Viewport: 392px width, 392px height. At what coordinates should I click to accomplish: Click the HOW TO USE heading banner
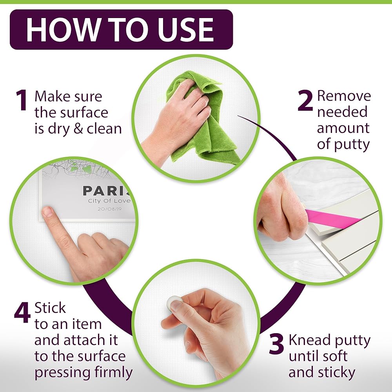(x=121, y=29)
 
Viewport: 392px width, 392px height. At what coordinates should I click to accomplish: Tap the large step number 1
(x=22, y=100)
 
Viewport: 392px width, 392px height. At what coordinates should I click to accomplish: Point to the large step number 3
(x=276, y=344)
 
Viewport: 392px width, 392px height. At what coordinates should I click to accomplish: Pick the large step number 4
(x=22, y=312)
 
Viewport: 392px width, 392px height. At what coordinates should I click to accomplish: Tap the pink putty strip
(x=332, y=218)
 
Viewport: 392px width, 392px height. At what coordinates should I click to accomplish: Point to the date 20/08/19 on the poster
(x=109, y=209)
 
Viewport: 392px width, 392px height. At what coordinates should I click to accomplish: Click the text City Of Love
(x=109, y=201)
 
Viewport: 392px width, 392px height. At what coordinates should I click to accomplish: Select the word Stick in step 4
(x=50, y=308)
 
